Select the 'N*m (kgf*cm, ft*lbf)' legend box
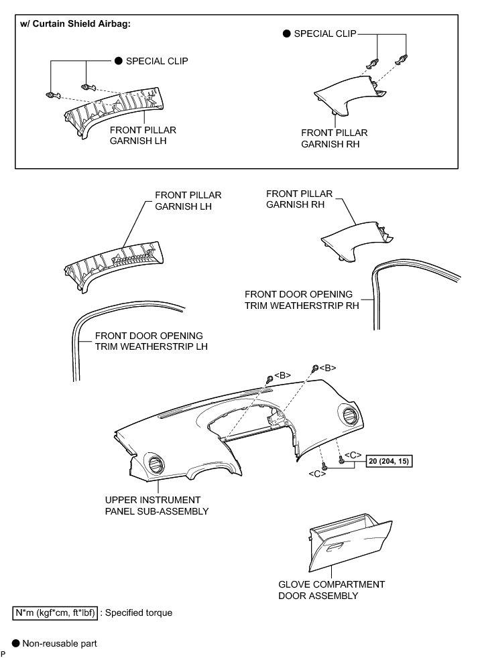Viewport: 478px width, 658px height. coord(56,612)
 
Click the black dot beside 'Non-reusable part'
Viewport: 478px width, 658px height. coord(16,643)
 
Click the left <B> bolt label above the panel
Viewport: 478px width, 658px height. coord(282,375)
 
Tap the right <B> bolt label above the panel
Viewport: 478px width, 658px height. coord(327,367)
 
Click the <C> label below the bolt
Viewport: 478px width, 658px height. coord(318,474)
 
